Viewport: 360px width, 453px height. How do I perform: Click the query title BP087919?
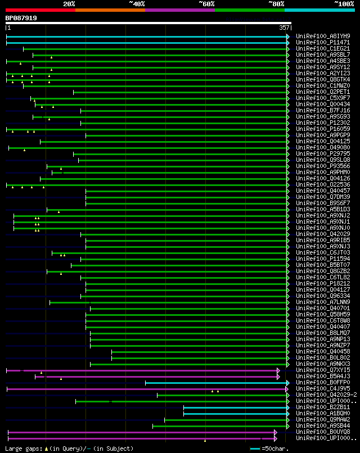[21, 18]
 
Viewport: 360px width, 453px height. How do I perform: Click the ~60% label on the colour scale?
[206, 3]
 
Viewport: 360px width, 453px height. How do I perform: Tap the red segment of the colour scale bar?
[40, 10]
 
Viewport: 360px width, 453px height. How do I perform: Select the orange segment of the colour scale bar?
[110, 10]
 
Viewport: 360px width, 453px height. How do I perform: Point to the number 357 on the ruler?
[284, 28]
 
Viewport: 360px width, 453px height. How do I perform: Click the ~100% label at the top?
[344, 3]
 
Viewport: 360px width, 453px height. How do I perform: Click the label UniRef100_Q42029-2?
[326, 395]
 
